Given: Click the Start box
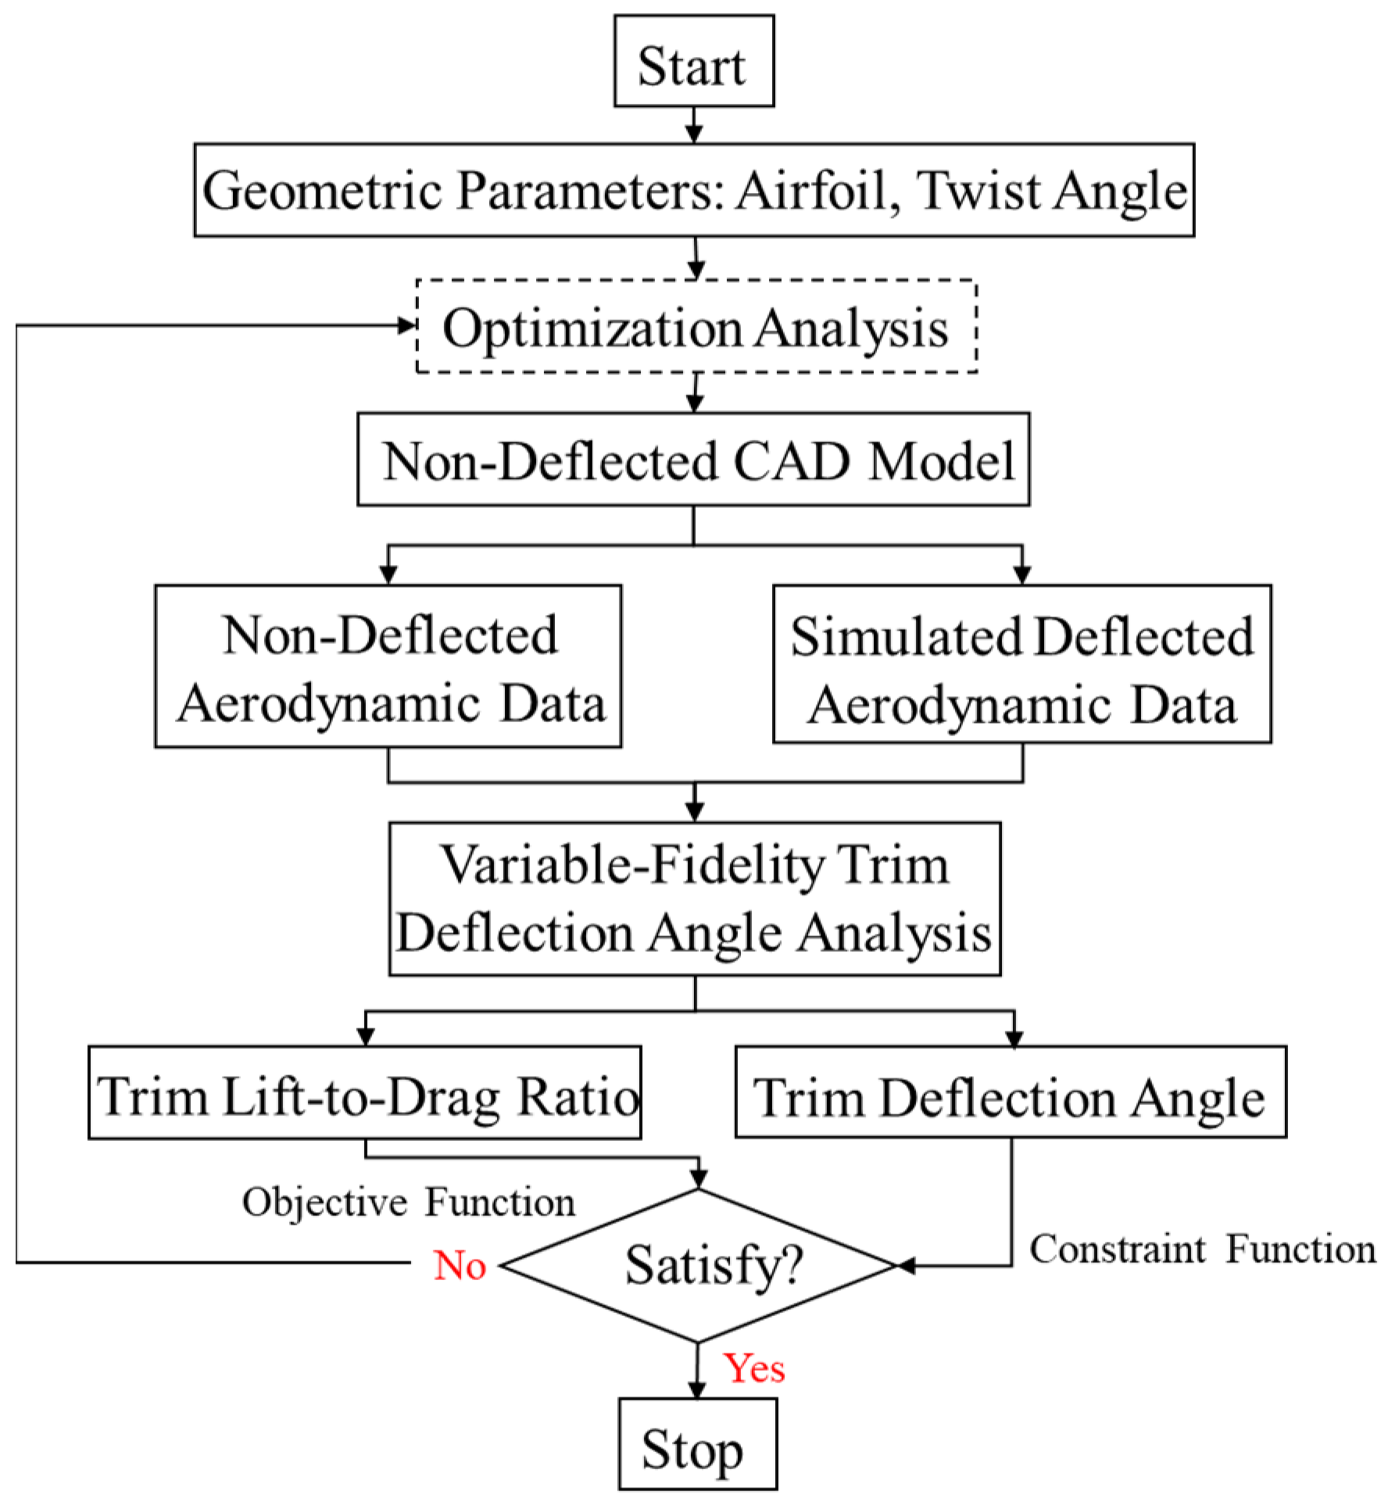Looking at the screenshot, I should [x=693, y=62].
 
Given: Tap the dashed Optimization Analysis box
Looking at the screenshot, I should [x=696, y=327].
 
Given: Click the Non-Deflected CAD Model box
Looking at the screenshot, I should [x=693, y=459].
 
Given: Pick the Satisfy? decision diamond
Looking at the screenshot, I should [x=699, y=1267].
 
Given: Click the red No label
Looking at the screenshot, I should [x=460, y=1265].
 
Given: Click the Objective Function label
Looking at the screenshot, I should [x=408, y=1203].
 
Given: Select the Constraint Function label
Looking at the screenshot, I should [x=1202, y=1249].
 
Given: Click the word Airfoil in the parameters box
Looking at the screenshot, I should [x=812, y=190].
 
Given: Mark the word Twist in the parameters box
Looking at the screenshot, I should [x=979, y=190].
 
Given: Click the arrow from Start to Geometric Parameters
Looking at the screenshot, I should [x=693, y=125].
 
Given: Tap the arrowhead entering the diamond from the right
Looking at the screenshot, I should [x=906, y=1266].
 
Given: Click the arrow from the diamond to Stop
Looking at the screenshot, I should [x=697, y=1372].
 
